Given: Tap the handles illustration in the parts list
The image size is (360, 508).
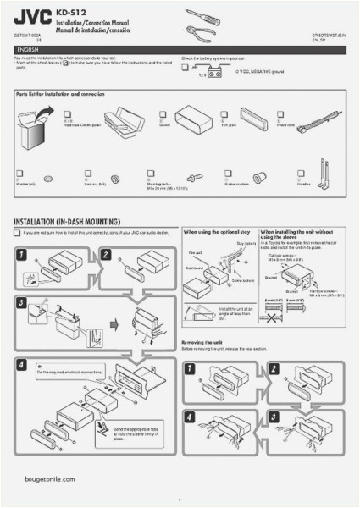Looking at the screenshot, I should [x=327, y=174].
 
